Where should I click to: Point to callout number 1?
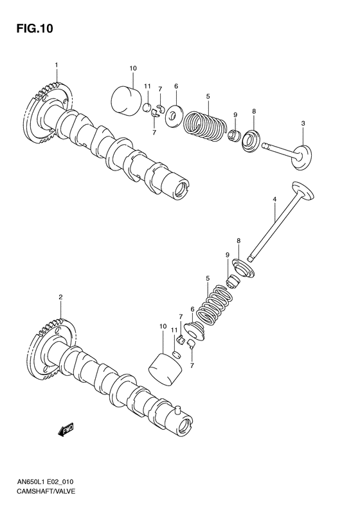point(57,65)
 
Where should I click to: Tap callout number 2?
point(60,297)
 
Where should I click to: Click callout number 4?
point(274,201)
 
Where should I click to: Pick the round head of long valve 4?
point(302,191)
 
